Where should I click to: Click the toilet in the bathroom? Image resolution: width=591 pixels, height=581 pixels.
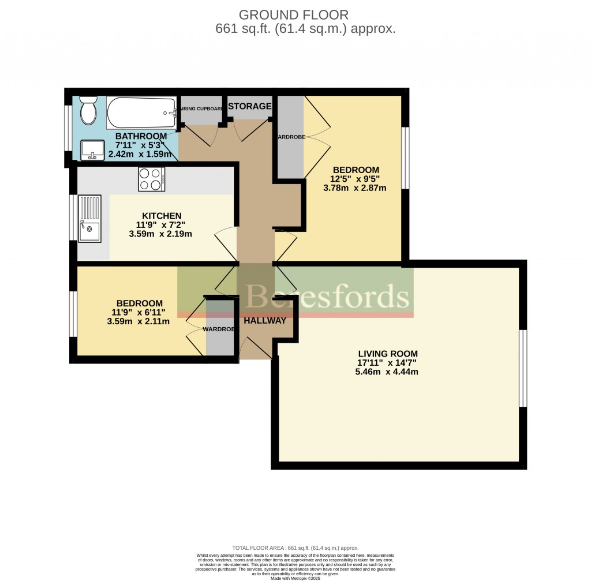(x=88, y=110)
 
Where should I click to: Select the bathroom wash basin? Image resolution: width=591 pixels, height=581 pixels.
(x=92, y=149)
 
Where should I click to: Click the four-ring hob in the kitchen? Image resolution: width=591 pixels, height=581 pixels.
(x=151, y=179)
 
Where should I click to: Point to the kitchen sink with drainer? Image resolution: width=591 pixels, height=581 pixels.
(x=89, y=219)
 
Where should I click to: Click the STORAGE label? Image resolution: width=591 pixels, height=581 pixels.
(x=249, y=106)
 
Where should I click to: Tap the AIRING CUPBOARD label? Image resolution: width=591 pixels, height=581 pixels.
(x=200, y=108)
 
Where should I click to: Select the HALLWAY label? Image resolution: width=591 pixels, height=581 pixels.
(x=265, y=321)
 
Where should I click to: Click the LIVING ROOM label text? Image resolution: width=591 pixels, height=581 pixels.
(x=387, y=354)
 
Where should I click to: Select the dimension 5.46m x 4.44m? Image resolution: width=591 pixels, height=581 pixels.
(x=387, y=372)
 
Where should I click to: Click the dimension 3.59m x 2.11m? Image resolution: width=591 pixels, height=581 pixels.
(x=139, y=322)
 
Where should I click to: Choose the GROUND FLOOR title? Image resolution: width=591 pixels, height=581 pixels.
(x=293, y=14)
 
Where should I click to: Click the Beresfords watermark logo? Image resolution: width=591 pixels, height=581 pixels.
(x=327, y=296)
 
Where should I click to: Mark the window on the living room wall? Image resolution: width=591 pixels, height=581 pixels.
(x=522, y=368)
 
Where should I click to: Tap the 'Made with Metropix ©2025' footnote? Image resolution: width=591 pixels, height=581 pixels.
(x=295, y=578)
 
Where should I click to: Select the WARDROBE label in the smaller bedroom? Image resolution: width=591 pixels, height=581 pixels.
(x=218, y=329)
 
